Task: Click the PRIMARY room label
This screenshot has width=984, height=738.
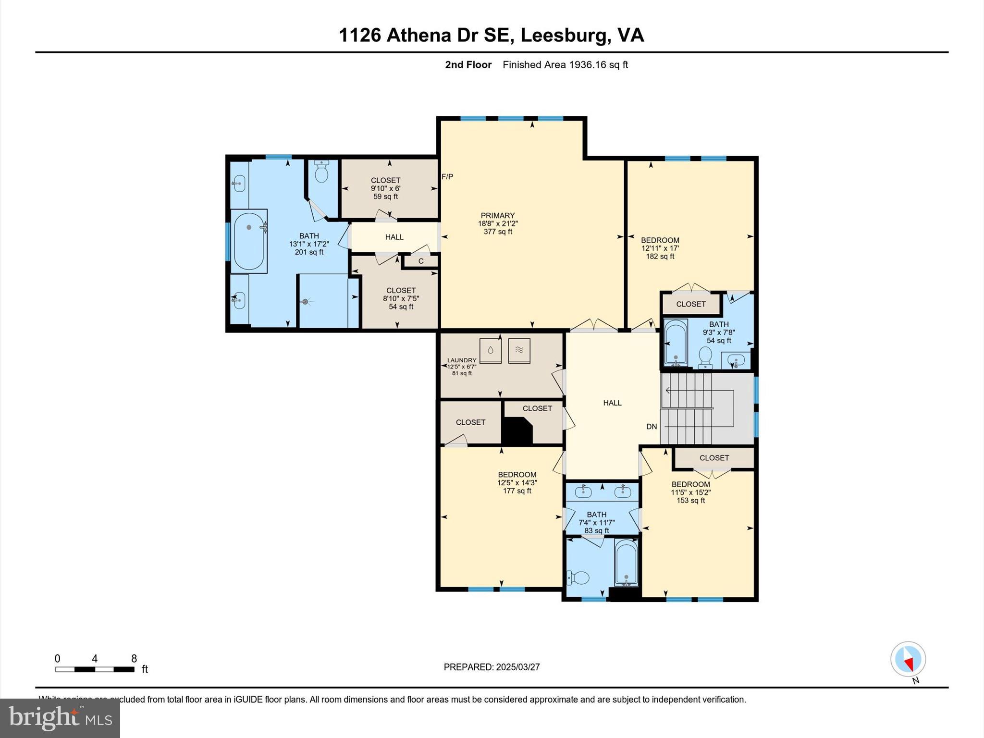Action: pyautogui.click(x=498, y=216)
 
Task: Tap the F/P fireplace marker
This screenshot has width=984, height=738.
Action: pyautogui.click(x=447, y=177)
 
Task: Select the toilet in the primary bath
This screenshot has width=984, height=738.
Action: pyautogui.click(x=321, y=172)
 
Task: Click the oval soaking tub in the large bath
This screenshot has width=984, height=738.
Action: pyautogui.click(x=249, y=241)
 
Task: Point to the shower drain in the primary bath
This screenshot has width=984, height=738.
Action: pyautogui.click(x=305, y=302)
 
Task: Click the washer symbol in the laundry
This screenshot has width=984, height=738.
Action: pyautogui.click(x=490, y=351)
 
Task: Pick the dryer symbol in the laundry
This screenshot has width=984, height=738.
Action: pyautogui.click(x=519, y=351)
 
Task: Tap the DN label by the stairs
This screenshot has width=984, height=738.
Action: pyautogui.click(x=652, y=427)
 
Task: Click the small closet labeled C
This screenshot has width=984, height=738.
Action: pyautogui.click(x=421, y=261)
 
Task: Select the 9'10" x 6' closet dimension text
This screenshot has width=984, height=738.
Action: pyautogui.click(x=385, y=189)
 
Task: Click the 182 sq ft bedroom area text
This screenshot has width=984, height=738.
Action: pyautogui.click(x=660, y=257)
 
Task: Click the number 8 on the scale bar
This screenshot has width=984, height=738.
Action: pyautogui.click(x=134, y=659)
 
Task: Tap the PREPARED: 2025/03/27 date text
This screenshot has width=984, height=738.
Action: pyautogui.click(x=492, y=667)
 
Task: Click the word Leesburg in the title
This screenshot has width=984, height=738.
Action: pyautogui.click(x=562, y=35)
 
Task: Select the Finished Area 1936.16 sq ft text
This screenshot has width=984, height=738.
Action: pyautogui.click(x=565, y=65)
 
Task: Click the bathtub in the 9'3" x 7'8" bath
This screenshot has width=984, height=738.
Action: pyautogui.click(x=676, y=342)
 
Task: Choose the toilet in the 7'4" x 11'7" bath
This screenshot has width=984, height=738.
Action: pyautogui.click(x=578, y=577)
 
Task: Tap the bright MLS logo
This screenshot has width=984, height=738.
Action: pyautogui.click(x=60, y=718)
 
